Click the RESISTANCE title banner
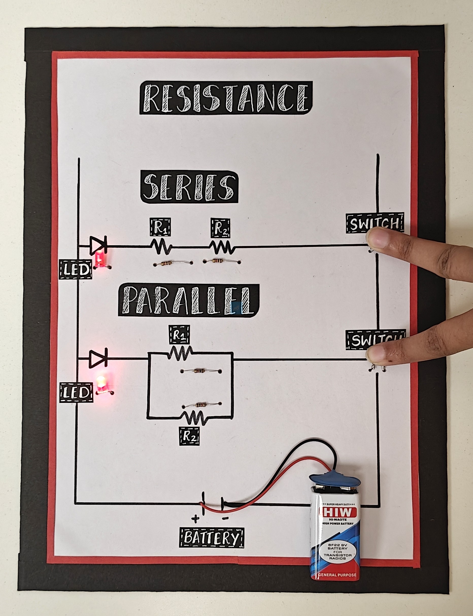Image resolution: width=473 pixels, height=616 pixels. click(x=226, y=98)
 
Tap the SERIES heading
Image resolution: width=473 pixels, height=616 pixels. click(x=189, y=187)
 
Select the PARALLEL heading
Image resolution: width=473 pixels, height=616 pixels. click(x=188, y=300)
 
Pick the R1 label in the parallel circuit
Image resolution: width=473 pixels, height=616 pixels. click(x=179, y=335)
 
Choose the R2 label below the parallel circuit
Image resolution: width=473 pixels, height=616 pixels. click(x=189, y=436)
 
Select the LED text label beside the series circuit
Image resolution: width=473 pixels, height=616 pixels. click(x=75, y=269)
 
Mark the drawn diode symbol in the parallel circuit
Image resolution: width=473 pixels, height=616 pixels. click(x=98, y=358)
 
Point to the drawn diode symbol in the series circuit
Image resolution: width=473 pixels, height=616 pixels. click(x=98, y=246)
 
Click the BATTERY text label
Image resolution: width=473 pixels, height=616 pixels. click(x=211, y=537)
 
